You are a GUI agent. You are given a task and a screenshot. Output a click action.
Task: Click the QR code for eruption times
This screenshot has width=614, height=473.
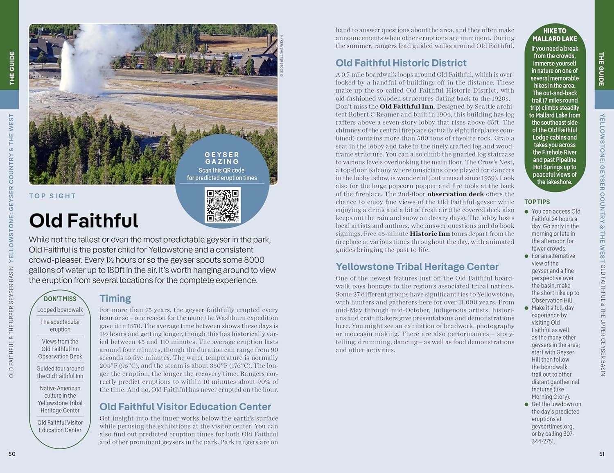coord(223,205)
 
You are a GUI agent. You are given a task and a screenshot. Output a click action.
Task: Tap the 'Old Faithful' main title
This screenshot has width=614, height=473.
coord(84,221)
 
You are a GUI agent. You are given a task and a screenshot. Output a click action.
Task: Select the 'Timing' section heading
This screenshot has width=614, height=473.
coord(115,298)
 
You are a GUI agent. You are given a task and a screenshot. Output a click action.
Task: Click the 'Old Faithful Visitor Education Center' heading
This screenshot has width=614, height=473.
coord(185,407)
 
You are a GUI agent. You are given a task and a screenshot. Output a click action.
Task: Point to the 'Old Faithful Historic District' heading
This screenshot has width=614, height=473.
coord(401,63)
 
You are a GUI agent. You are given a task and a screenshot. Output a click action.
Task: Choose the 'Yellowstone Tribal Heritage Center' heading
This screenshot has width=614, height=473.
coord(417,266)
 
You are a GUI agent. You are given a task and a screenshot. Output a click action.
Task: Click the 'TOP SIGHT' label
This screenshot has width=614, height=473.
coord(52,196)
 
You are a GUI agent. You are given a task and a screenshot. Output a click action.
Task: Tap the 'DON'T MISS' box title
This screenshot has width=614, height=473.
coord(60,299)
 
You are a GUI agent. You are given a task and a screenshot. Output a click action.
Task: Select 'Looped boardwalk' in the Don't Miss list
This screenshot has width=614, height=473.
coord(60,310)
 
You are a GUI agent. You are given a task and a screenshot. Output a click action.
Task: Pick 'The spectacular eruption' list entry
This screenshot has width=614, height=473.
coord(60,325)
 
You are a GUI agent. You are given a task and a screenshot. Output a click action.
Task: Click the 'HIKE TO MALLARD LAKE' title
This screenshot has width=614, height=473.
coord(555,35)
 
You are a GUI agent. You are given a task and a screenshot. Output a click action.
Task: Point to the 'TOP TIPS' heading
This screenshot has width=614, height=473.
coord(537,202)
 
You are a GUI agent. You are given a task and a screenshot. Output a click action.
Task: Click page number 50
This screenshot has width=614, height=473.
coord(12,454)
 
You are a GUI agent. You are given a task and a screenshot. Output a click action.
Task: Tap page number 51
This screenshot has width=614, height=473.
coord(602,454)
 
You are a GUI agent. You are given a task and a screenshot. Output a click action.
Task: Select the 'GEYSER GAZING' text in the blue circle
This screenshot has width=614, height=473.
coord(222,158)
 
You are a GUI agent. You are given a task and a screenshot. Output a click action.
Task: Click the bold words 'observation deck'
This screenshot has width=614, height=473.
coord(455,194)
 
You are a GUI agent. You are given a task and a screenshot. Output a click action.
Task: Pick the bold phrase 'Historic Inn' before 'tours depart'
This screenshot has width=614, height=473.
coord(429,234)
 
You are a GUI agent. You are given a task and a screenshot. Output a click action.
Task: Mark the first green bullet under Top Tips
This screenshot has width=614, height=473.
coord(527,211)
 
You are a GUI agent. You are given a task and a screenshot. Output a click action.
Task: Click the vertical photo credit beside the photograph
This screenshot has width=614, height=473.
coord(281,56)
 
